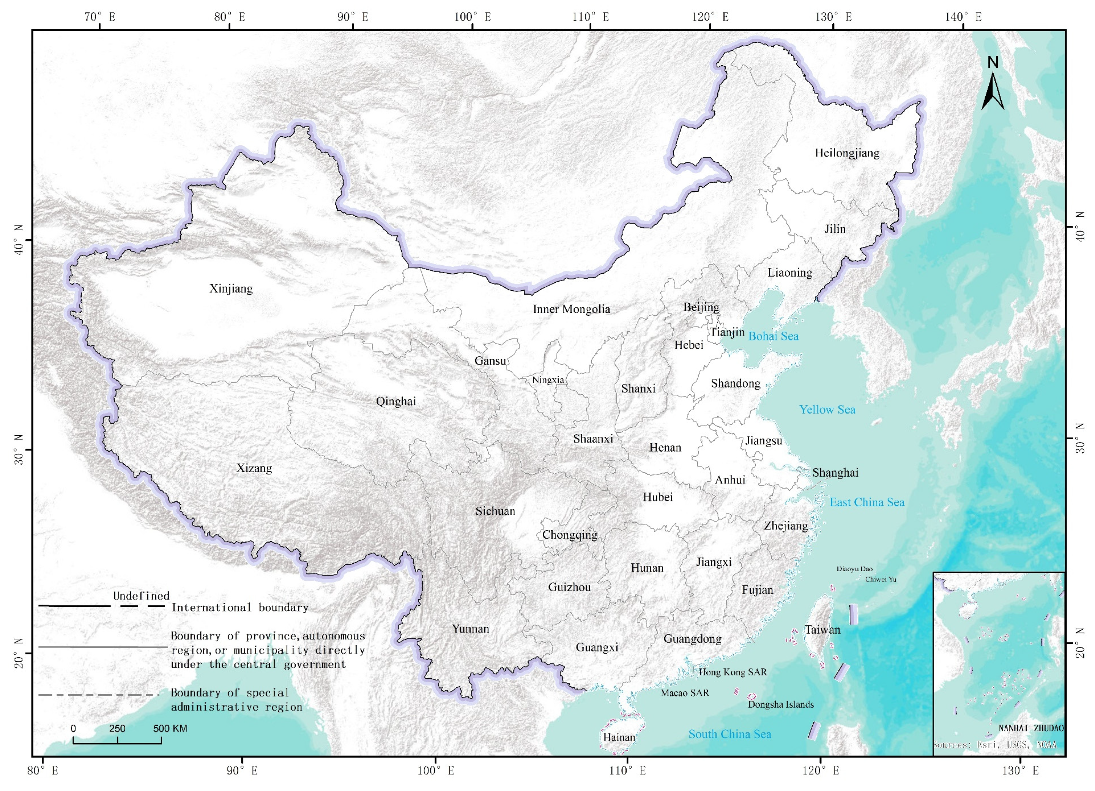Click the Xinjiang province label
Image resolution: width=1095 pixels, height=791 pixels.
click(x=231, y=289)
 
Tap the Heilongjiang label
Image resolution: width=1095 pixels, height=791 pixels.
click(x=847, y=153)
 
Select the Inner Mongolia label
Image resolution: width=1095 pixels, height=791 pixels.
click(x=571, y=309)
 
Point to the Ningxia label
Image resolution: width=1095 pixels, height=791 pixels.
click(x=548, y=380)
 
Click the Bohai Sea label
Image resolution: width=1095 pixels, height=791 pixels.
click(x=773, y=336)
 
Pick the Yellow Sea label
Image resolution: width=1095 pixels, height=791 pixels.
click(x=827, y=410)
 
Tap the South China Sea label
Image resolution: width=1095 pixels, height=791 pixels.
click(x=729, y=734)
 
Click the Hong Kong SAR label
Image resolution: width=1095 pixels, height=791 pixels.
click(x=733, y=672)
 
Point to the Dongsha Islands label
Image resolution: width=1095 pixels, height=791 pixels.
click(x=781, y=704)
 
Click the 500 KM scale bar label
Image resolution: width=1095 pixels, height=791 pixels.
click(x=170, y=729)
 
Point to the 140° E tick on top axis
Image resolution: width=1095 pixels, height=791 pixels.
click(x=963, y=17)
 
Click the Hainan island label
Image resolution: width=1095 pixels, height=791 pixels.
click(x=619, y=737)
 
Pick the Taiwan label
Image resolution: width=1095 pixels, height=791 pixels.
click(x=822, y=630)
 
